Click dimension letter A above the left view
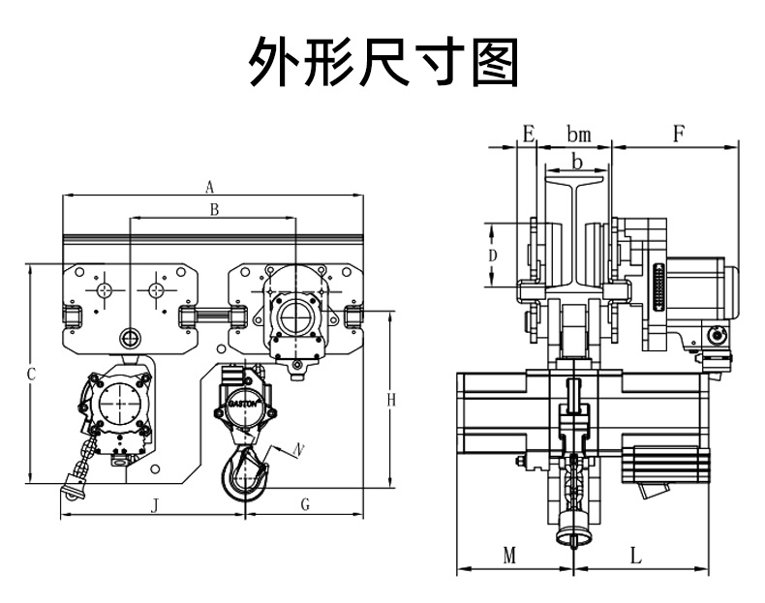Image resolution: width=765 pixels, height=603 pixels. click(x=209, y=187)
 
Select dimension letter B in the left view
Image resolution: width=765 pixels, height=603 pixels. click(x=215, y=209)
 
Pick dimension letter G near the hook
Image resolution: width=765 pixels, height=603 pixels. click(x=304, y=504)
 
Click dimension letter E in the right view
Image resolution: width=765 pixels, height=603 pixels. click(x=528, y=133)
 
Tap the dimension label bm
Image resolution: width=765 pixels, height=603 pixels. click(x=578, y=133)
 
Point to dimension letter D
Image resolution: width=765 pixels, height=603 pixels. click(x=493, y=255)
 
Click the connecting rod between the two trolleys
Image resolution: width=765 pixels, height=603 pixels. click(x=214, y=315)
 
